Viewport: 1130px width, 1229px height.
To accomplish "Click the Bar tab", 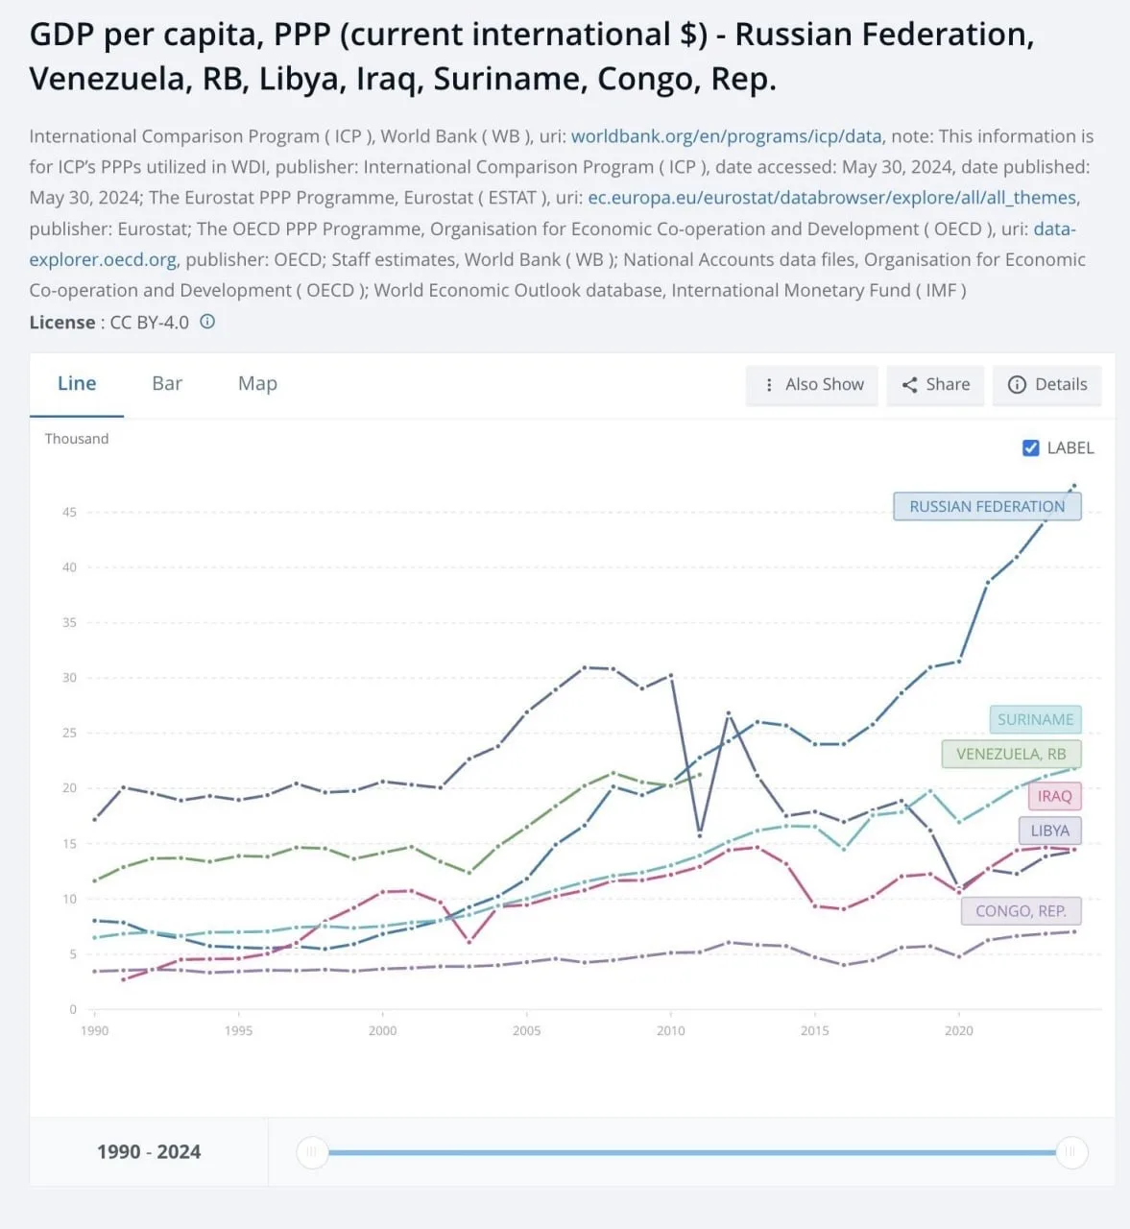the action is (167, 384).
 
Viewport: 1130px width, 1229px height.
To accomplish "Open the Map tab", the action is (257, 384).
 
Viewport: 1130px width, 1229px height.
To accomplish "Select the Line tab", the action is (77, 384).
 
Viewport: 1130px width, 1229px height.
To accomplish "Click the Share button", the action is (935, 385).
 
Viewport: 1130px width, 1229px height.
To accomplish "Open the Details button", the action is (1047, 385).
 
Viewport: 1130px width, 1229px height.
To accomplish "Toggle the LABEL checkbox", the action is (1031, 447).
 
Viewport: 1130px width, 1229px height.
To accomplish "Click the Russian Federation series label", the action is (987, 507).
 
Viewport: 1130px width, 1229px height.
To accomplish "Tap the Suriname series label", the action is (1035, 719).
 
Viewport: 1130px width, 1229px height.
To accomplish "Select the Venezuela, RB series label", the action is (1011, 754).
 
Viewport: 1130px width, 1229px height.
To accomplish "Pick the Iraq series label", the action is (1054, 796).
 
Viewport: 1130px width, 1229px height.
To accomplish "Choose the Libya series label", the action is (1049, 831).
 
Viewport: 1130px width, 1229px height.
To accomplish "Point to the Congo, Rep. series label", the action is (1021, 911).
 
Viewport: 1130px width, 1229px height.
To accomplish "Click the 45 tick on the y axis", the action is (69, 512).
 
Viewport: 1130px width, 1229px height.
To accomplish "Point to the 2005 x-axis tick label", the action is (526, 1030).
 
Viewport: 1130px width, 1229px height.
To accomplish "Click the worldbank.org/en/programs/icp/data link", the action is (726, 136).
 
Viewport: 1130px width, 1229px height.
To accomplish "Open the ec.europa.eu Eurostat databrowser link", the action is (832, 198).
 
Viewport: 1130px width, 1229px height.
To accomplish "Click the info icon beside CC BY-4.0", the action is (207, 322).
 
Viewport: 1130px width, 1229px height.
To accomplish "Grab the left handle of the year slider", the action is (313, 1152).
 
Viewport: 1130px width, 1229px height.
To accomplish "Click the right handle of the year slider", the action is (1071, 1152).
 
